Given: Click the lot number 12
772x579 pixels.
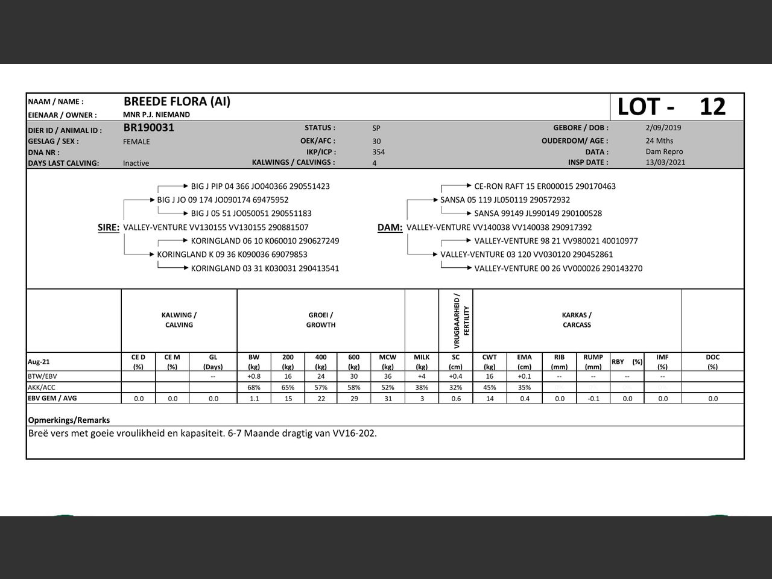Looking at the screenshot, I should click(x=712, y=107).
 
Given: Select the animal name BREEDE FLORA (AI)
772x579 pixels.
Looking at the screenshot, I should click(x=177, y=101).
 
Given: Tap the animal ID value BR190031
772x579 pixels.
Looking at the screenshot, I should click(x=148, y=128).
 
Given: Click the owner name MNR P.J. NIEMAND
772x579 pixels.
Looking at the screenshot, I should click(x=156, y=115).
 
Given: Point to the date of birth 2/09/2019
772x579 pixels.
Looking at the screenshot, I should click(x=663, y=128).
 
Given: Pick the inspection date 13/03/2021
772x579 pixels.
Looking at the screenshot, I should click(x=665, y=162).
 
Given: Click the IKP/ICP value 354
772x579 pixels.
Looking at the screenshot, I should click(x=378, y=152).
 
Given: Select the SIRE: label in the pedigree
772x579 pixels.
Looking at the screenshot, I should click(x=109, y=227).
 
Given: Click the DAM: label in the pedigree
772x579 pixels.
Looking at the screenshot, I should click(x=390, y=227).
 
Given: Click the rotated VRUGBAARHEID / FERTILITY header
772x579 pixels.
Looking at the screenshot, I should click(x=461, y=321).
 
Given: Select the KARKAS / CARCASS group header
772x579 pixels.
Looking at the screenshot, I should click(x=577, y=320).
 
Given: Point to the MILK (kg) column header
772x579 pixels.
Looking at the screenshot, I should click(x=422, y=362).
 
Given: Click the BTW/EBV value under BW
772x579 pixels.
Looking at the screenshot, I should click(x=254, y=376).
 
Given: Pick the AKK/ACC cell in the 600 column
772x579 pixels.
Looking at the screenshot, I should click(x=354, y=387).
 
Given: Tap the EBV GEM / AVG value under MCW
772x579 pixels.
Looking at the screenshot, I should click(x=387, y=399).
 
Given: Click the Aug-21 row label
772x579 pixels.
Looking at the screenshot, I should click(x=39, y=362).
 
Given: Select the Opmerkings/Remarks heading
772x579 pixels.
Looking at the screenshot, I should click(x=69, y=420).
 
